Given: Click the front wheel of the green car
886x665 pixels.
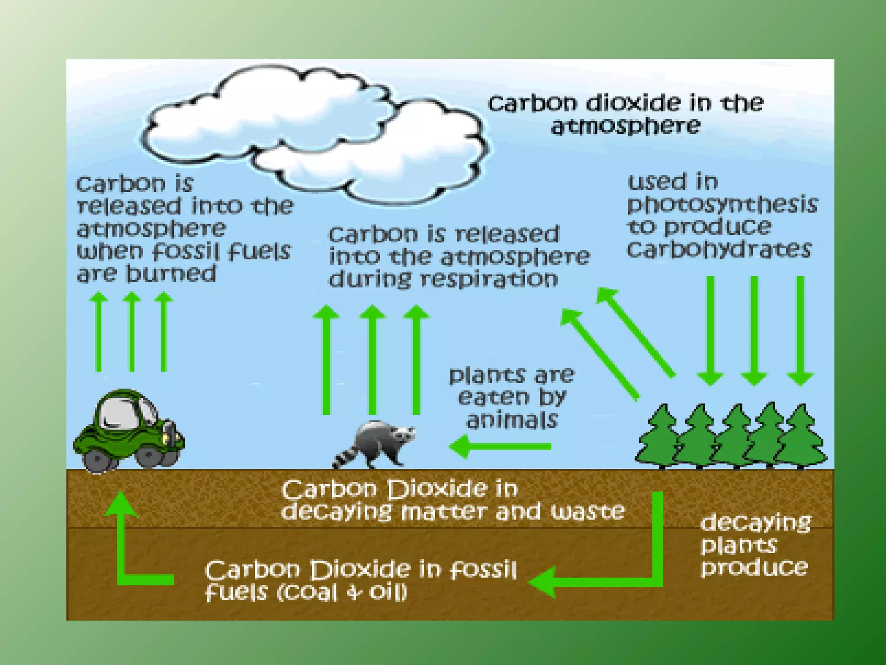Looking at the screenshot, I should click(x=149, y=457).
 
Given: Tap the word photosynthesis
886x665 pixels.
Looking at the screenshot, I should click(x=722, y=204).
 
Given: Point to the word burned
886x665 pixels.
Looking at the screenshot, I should click(x=171, y=274).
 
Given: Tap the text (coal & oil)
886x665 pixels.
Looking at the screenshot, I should click(x=342, y=592).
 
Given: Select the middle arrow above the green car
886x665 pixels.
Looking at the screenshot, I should click(x=132, y=331).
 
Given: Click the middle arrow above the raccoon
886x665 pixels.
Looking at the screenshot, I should click(x=372, y=359).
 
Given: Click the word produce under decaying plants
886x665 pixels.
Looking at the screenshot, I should click(x=754, y=567).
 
